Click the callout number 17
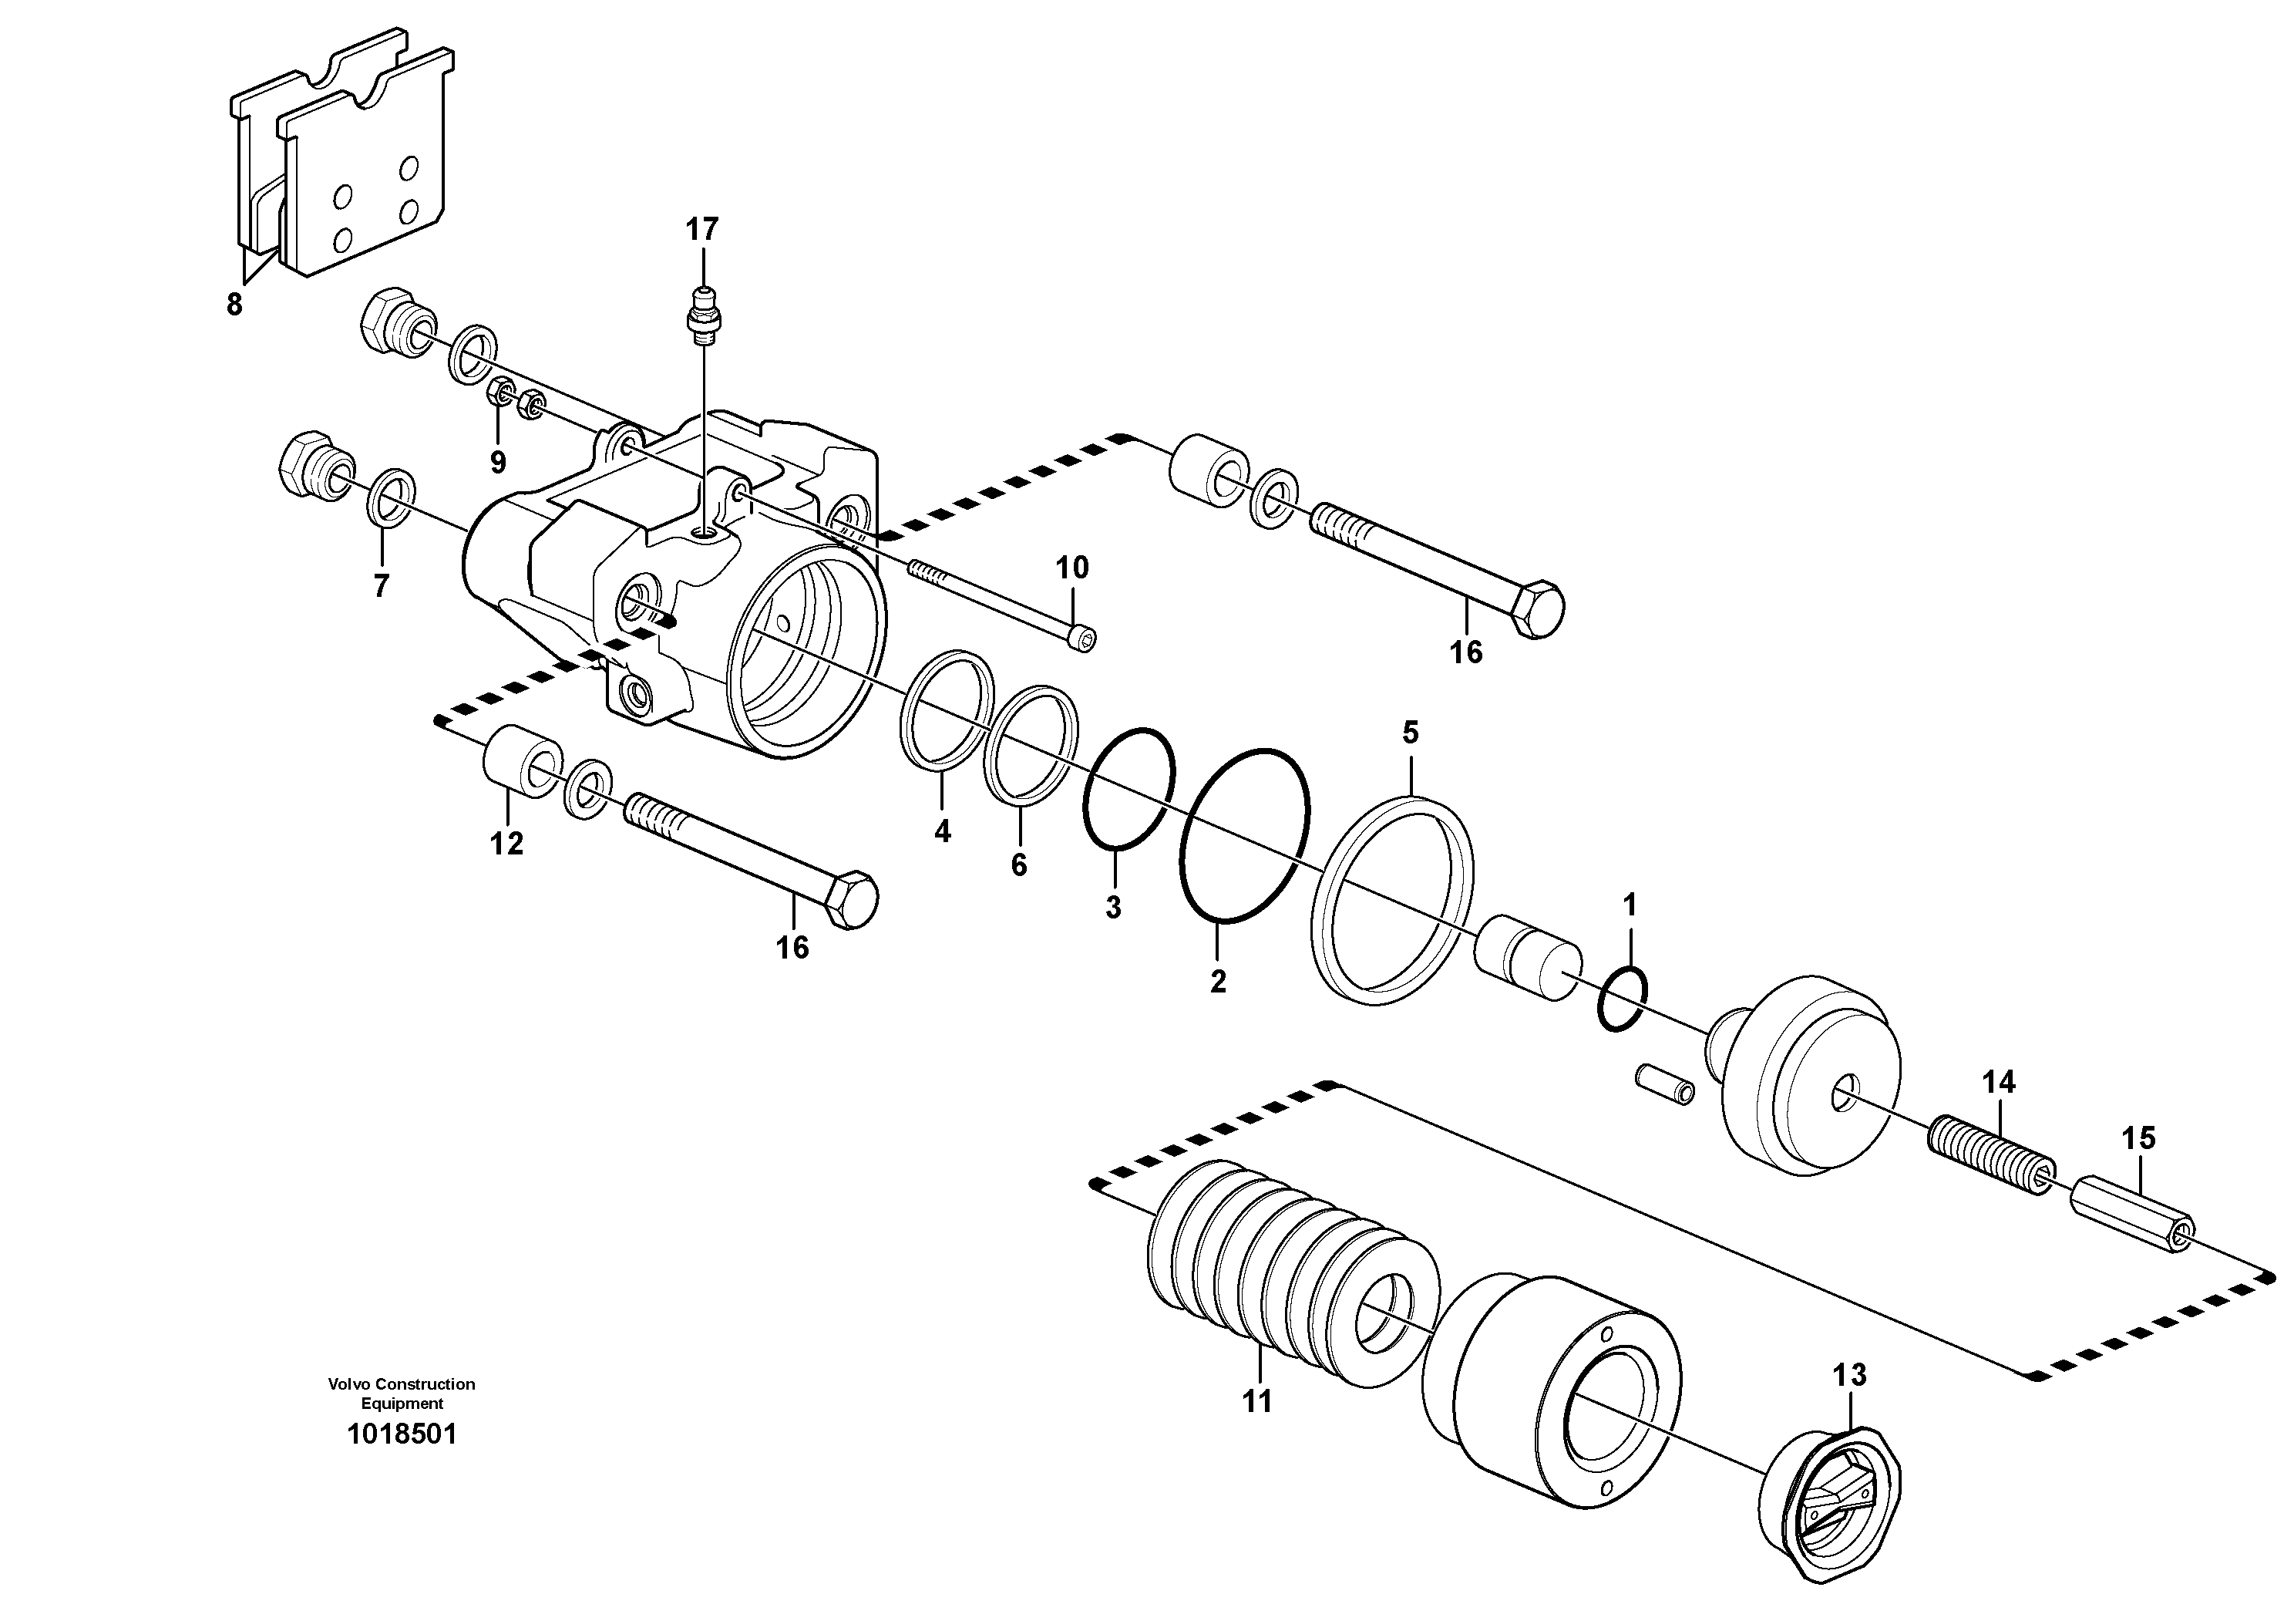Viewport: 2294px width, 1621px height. pyautogui.click(x=701, y=230)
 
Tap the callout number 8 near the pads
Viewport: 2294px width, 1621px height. pyautogui.click(x=234, y=305)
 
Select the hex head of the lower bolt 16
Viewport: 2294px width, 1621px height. pyautogui.click(x=853, y=899)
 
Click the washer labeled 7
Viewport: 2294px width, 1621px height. pyautogui.click(x=392, y=497)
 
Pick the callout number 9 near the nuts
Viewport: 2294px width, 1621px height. pyautogui.click(x=497, y=462)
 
